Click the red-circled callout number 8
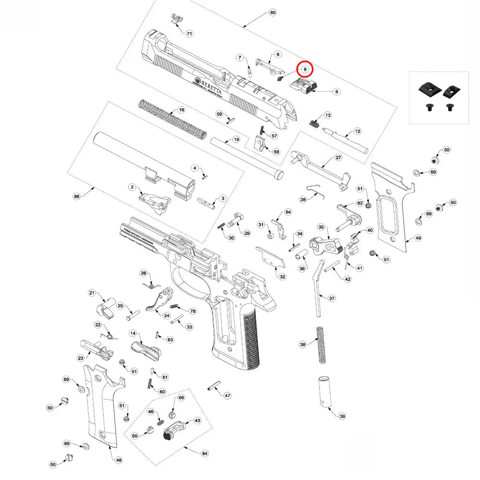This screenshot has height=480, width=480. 304,70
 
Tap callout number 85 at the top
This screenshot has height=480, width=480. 273,12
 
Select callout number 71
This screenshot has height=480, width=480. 189,34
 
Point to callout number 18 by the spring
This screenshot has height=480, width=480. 181,110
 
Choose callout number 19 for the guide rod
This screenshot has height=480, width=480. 236,140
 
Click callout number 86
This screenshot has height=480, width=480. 76,196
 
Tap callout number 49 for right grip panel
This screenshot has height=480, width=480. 418,238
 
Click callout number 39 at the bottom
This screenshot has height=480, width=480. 342,416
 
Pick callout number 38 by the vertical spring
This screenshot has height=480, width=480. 302,345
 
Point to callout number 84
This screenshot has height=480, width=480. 204,454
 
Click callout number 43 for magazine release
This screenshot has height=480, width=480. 197,420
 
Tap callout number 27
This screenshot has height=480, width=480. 338,158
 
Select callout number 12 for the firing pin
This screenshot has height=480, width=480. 357,131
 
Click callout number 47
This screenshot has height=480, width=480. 228,396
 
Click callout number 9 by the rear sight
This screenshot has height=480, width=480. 336,91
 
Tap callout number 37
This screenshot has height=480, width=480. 332,298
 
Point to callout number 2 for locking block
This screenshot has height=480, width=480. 131,186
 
